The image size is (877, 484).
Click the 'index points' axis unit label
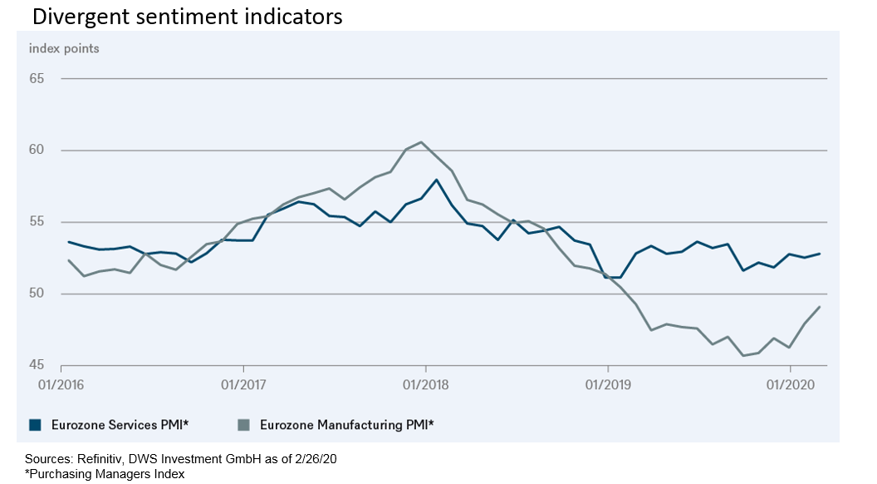[64, 48]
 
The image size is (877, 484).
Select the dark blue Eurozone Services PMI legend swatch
[35, 424]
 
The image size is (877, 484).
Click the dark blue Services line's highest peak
[436, 180]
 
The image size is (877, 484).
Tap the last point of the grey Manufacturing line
[821, 307]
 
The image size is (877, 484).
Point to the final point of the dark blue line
[821, 254]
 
